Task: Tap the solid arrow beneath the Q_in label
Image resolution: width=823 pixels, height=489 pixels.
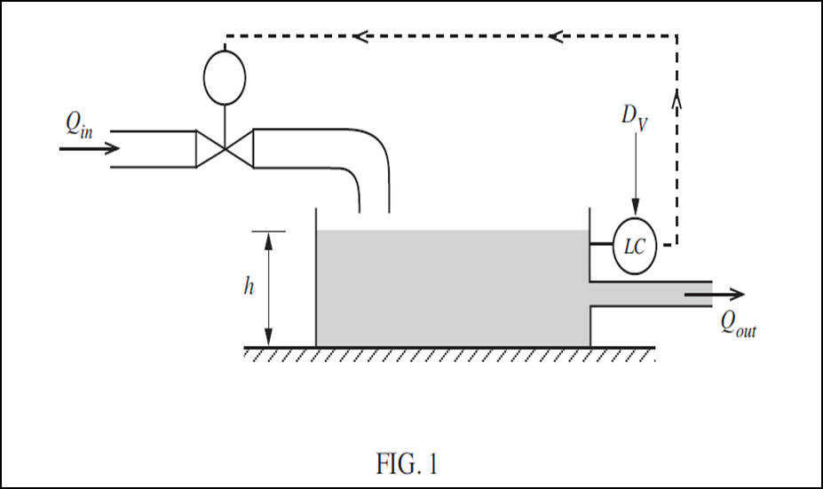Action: point(89,148)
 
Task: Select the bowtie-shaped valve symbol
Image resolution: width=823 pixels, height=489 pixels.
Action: point(225,148)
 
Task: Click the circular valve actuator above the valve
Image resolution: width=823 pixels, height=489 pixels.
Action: point(225,80)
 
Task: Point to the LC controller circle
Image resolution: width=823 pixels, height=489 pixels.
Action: point(635,246)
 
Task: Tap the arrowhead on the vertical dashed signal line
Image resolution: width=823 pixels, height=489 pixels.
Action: point(677,99)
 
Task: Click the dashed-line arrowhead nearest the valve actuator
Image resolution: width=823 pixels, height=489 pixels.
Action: point(360,36)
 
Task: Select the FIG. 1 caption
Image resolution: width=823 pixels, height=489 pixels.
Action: point(408,463)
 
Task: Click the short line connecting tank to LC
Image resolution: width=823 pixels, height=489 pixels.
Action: point(602,246)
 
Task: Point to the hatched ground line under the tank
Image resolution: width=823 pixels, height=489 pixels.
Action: point(444,351)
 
